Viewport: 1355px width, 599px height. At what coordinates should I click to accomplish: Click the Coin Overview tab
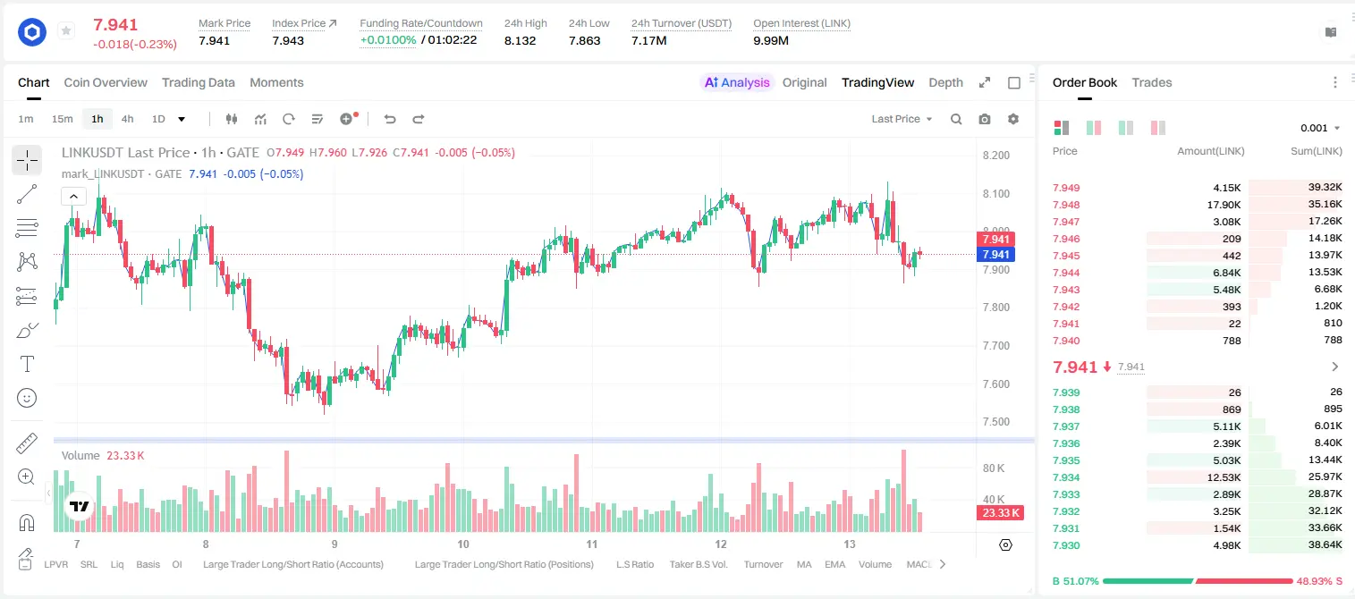[x=106, y=82]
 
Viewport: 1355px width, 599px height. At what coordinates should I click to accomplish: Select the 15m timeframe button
[x=62, y=119]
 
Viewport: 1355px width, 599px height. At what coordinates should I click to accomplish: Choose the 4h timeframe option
[x=127, y=119]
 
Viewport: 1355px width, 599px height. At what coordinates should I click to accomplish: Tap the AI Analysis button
[x=737, y=82]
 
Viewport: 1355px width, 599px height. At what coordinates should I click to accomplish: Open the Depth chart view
[x=945, y=82]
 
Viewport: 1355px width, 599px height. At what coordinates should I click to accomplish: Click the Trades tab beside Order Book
[x=1152, y=82]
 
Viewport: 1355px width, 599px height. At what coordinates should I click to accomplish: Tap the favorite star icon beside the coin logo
[x=66, y=30]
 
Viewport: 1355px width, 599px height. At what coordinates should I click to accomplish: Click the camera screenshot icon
[x=985, y=119]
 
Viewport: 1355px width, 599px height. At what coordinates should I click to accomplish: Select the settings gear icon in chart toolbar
[x=1013, y=119]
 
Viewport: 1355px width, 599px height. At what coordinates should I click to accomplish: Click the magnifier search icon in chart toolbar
[x=956, y=119]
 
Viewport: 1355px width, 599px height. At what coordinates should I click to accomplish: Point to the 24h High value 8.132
[x=520, y=40]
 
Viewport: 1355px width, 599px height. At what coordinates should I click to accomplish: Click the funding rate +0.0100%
[x=388, y=40]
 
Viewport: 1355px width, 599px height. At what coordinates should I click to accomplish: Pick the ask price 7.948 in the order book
[x=1066, y=205]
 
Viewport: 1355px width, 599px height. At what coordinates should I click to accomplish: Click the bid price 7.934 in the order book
[x=1066, y=477]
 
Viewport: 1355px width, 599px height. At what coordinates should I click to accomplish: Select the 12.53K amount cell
[x=1224, y=477]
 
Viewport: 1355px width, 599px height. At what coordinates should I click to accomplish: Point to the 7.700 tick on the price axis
[x=996, y=346]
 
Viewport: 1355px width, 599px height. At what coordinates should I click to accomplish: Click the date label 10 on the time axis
[x=462, y=544]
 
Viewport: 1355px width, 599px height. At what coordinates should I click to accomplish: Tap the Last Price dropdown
[x=902, y=119]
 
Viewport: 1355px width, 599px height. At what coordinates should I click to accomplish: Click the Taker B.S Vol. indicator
[x=698, y=564]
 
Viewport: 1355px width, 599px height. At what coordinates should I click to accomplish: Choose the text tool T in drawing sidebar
[x=27, y=364]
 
